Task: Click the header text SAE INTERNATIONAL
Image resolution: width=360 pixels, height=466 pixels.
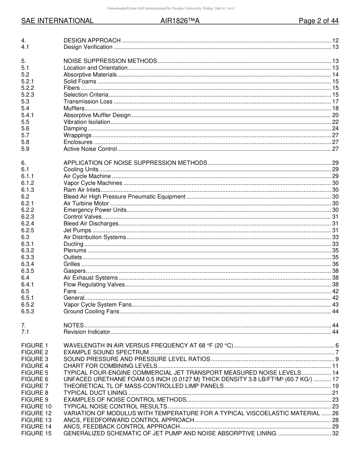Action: click(57, 21)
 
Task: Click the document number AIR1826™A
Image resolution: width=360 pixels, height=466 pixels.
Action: click(180, 21)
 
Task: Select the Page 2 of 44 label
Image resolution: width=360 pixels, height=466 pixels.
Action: click(318, 21)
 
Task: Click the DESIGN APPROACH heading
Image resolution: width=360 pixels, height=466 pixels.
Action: click(92, 41)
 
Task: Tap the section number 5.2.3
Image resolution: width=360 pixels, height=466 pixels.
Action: click(28, 95)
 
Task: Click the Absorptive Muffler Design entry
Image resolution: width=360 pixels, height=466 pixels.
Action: click(97, 115)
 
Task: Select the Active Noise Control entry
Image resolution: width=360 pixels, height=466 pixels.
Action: click(90, 149)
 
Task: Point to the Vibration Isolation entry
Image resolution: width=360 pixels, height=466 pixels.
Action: click(87, 122)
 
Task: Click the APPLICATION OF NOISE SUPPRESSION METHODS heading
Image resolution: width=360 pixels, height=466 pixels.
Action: click(135, 163)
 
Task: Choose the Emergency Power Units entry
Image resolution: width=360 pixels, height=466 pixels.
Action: click(95, 210)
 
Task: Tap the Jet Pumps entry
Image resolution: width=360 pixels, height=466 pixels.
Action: click(77, 230)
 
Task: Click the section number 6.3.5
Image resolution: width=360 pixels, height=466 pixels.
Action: click(28, 271)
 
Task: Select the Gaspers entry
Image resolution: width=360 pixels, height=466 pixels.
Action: click(75, 271)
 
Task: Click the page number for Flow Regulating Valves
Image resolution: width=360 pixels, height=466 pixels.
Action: click(335, 285)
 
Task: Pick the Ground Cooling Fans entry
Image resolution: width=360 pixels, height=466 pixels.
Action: click(91, 311)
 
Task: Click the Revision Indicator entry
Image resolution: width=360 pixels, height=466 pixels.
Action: click(87, 332)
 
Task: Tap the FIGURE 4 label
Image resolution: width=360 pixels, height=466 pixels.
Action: click(35, 366)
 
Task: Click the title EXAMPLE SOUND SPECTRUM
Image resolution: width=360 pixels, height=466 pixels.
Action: click(106, 352)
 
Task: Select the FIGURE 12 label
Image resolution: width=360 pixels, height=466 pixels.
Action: click(36, 413)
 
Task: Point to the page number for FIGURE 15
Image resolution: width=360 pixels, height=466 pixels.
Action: click(335, 433)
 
